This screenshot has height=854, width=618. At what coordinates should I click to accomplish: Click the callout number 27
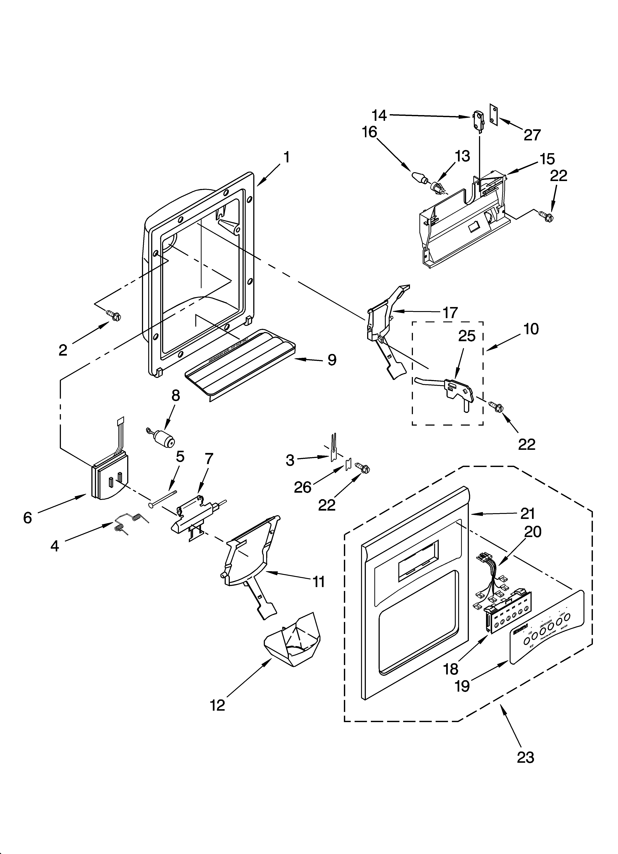532,135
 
